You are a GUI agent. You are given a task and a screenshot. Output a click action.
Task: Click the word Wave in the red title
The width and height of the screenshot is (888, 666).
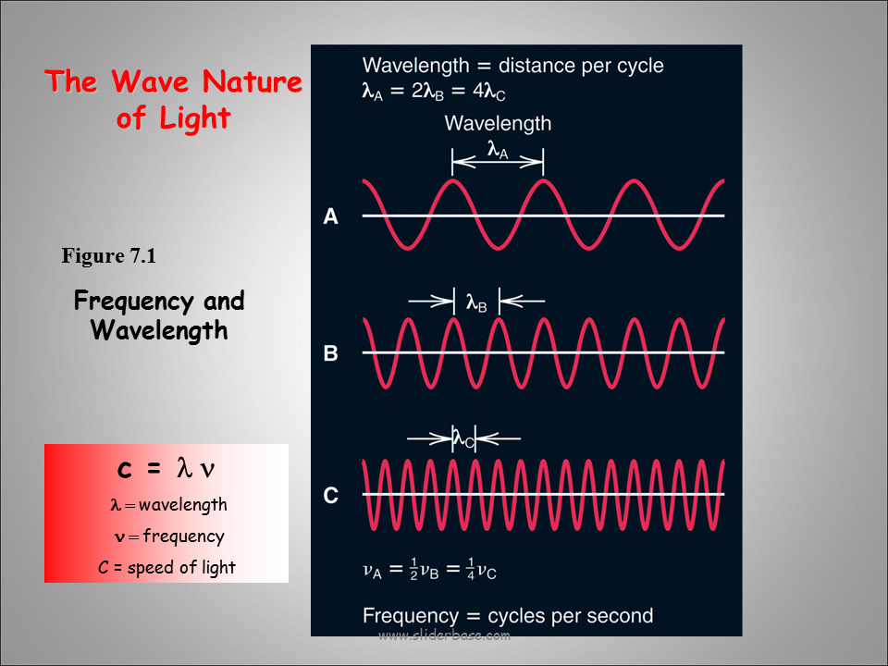[x=150, y=81]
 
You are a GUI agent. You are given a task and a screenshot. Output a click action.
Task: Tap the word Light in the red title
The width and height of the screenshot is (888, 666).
[x=195, y=118]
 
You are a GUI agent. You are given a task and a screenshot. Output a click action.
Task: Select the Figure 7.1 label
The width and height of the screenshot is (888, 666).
[x=109, y=256]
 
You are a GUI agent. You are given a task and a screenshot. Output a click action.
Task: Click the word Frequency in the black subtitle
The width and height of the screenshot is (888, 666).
[x=134, y=301]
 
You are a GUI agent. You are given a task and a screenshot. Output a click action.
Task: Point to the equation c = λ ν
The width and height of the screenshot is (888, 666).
[x=166, y=469]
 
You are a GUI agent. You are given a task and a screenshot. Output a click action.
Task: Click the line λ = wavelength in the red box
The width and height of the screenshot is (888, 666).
[x=168, y=505]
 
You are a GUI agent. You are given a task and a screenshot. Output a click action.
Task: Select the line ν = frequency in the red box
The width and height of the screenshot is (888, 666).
[x=169, y=536]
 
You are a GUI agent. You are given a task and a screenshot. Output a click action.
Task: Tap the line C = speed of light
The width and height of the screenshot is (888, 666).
[x=166, y=567]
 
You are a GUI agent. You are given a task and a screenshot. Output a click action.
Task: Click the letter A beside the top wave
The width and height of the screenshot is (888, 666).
[x=331, y=216]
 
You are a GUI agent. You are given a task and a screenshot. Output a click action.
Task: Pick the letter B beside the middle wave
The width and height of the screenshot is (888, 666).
[x=331, y=352]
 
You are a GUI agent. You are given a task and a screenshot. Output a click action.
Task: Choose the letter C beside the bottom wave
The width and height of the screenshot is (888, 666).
[x=331, y=496]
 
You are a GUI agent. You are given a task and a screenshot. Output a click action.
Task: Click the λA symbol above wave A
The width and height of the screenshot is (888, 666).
[x=498, y=150]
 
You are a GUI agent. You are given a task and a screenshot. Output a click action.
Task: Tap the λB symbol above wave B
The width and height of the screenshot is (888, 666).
[x=476, y=303]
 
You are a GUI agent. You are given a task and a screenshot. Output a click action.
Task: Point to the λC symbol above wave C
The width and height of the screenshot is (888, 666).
[x=463, y=438]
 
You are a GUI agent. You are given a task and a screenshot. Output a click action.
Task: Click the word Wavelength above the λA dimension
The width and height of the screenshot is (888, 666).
[x=498, y=123]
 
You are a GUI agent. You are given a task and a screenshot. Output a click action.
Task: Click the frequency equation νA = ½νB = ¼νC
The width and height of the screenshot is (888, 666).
[x=429, y=570]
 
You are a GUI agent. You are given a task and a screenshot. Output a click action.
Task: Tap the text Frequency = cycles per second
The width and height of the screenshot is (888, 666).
[x=508, y=616]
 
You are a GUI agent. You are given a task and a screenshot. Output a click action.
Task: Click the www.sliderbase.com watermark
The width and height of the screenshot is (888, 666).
[x=445, y=635]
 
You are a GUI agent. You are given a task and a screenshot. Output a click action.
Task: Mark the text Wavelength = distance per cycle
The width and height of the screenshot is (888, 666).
[x=513, y=66]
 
